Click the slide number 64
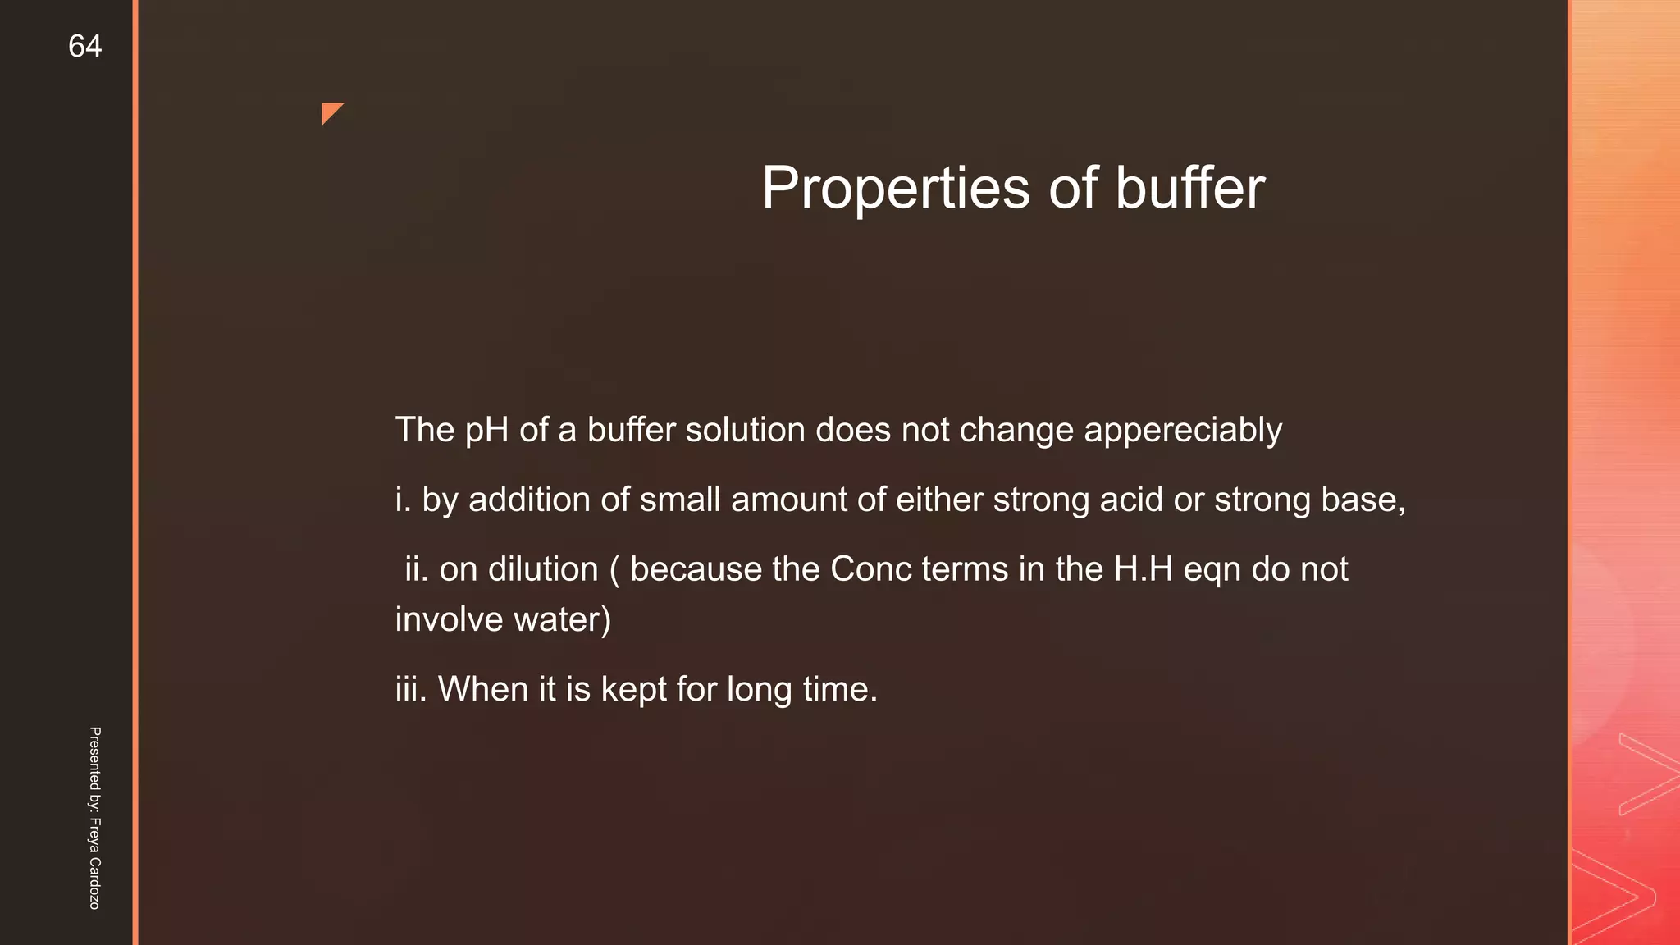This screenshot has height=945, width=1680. pyautogui.click(x=84, y=47)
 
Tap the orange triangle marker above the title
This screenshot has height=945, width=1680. pyautogui.click(x=330, y=112)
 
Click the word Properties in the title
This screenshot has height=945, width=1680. pyautogui.click(x=895, y=189)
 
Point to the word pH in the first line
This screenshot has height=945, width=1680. pyautogui.click(x=486, y=431)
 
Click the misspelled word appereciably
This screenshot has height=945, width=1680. pyautogui.click(x=1182, y=431)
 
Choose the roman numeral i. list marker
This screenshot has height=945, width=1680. pyautogui.click(x=403, y=500)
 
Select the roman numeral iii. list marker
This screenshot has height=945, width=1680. pyautogui.click(x=411, y=689)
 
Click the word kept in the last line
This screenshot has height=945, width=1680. pyautogui.click(x=633, y=690)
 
